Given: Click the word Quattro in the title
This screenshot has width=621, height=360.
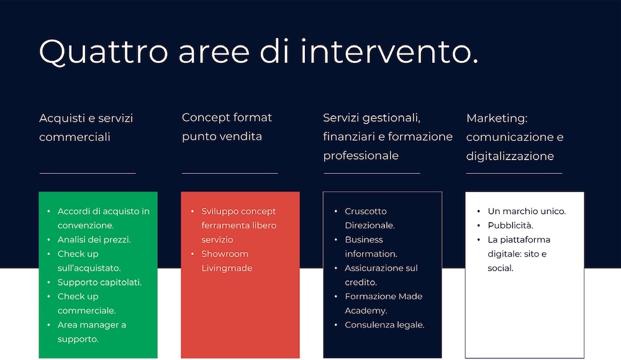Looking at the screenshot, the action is [x=104, y=52].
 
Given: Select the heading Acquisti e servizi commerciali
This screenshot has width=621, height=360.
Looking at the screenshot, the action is [x=86, y=127].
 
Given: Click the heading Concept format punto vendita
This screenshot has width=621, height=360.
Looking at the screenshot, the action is [x=227, y=127].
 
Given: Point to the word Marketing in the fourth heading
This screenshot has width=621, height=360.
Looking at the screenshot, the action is [x=497, y=119].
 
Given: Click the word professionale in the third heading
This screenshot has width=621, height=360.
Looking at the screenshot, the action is [x=361, y=156].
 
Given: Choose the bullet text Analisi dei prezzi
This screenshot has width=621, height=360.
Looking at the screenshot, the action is [x=94, y=240].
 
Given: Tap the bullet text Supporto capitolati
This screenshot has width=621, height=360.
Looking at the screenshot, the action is [x=99, y=282].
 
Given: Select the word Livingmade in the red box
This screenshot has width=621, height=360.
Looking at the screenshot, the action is [x=227, y=268].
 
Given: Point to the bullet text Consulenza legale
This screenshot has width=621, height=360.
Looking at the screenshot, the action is [x=384, y=325].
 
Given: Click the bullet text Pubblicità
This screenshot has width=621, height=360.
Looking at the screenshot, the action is [x=510, y=225].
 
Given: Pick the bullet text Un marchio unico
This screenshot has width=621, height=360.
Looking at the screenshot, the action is [x=527, y=211].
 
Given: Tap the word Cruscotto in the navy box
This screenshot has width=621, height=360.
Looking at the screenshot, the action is [x=366, y=211].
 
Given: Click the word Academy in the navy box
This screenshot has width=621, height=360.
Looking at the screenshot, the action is [x=366, y=311].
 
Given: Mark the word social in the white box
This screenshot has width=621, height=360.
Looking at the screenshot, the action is [x=501, y=268].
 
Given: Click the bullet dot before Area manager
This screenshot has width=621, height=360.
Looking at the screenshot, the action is [x=48, y=325].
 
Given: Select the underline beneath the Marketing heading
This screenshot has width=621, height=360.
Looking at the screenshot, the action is [x=514, y=173].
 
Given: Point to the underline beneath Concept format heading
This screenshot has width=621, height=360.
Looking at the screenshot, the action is [x=230, y=173].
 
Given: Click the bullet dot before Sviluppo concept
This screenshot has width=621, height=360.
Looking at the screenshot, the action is [x=193, y=212].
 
